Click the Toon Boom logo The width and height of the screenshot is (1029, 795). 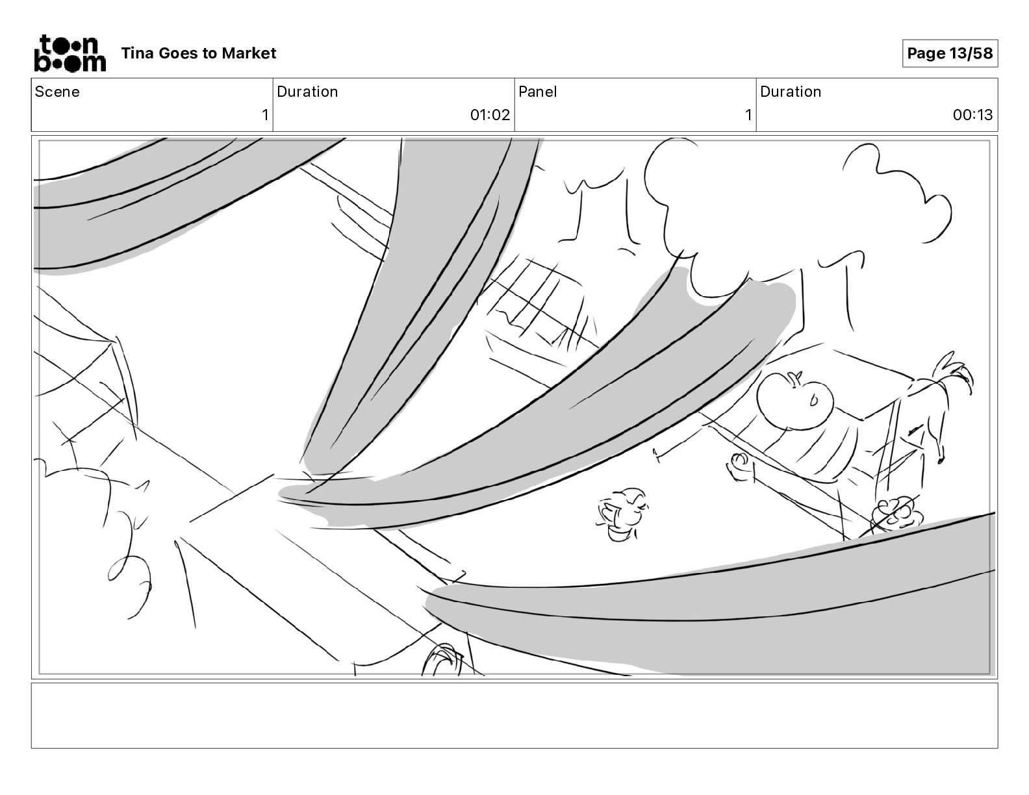point(70,53)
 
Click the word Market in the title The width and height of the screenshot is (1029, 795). point(249,53)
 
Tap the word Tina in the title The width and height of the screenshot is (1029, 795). point(137,53)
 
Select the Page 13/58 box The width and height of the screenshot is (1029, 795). point(950,53)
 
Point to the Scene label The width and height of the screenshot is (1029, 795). point(57,92)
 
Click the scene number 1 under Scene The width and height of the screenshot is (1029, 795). point(265,114)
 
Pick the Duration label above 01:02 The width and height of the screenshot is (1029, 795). point(307,92)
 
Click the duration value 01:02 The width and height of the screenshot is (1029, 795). point(490,114)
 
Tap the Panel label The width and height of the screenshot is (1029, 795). point(537,92)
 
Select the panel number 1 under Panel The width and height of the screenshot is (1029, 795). point(748,114)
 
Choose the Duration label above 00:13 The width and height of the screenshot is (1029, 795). point(791,92)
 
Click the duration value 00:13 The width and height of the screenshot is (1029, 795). point(972,114)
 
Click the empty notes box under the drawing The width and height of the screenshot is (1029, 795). point(514,716)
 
